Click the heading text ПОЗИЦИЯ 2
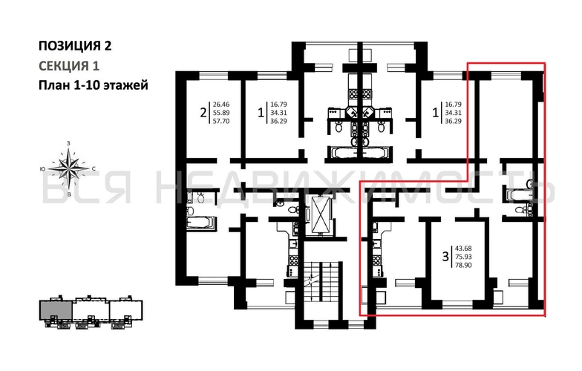(75, 46)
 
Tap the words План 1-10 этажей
(94, 85)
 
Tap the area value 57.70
(221, 120)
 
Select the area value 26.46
(221, 105)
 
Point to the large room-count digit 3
(445, 257)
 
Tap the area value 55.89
(221, 113)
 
